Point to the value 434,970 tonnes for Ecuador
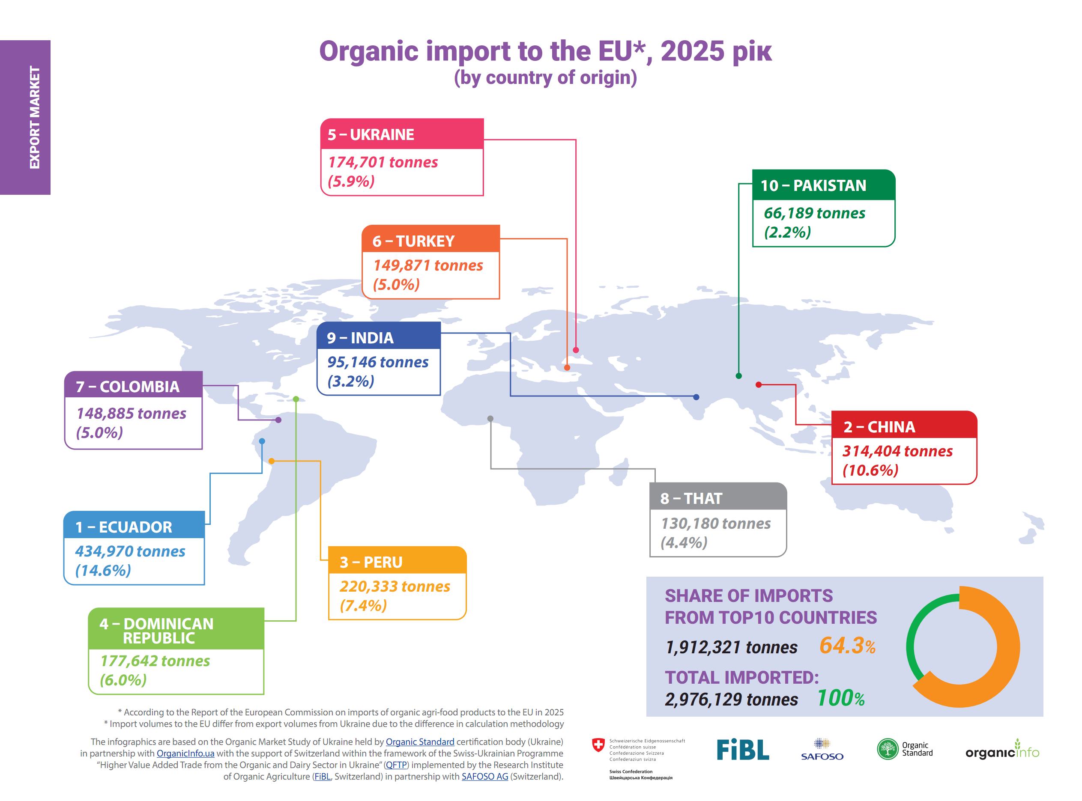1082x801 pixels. click(130, 551)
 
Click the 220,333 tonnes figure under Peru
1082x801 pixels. click(395, 586)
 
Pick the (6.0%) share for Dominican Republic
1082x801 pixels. click(123, 680)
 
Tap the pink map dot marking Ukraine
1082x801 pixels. click(576, 350)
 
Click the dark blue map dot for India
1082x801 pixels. click(696, 396)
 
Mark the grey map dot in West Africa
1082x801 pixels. click(490, 418)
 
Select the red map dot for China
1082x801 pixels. click(759, 384)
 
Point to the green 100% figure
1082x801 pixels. click(840, 698)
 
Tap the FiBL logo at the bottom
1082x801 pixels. click(742, 749)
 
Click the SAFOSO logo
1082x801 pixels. click(822, 749)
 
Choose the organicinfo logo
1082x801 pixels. click(1002, 750)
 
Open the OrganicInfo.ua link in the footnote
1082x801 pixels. click(185, 753)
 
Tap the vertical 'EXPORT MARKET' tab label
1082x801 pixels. click(34, 117)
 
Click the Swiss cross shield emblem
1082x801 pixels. click(598, 745)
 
